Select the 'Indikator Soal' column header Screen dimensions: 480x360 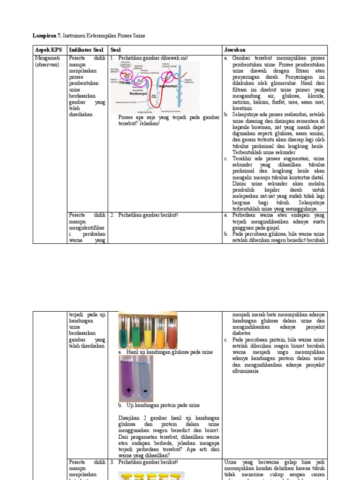[86, 50]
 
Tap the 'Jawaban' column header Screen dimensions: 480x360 [234, 50]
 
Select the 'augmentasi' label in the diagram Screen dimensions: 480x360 [169, 86]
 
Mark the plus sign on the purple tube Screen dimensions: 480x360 [128, 390]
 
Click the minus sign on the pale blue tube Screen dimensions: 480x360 [145, 390]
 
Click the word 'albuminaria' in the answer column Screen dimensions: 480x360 [245, 371]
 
